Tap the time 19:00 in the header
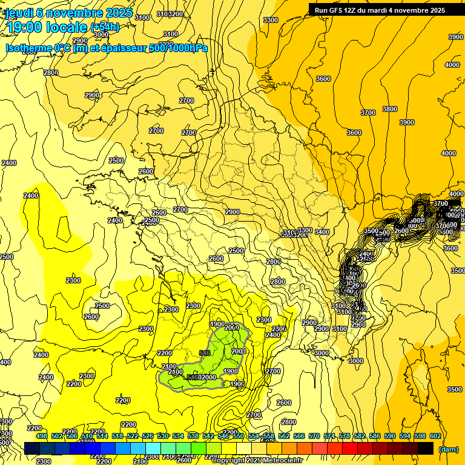tap(26, 27)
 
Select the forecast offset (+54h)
tap(105, 27)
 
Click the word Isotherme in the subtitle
tap(28, 48)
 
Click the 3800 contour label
tap(389, 109)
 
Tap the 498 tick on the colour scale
tap(42, 436)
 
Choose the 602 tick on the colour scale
tap(435, 436)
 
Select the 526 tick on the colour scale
tap(148, 436)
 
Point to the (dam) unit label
tap(448, 449)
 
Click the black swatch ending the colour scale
tap(426, 448)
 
